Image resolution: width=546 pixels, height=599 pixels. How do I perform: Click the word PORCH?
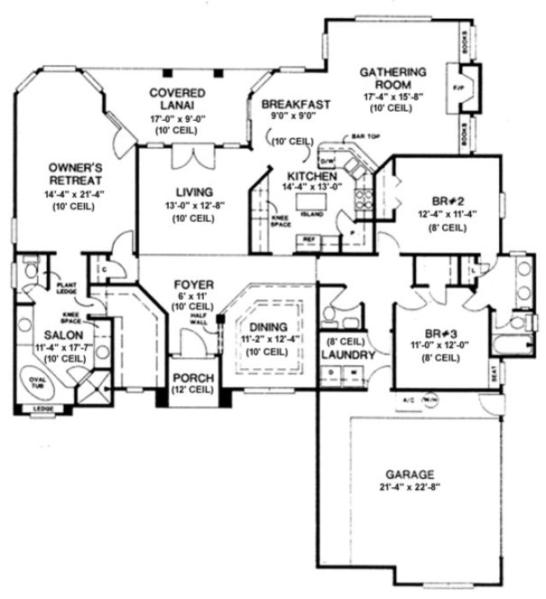point(192,379)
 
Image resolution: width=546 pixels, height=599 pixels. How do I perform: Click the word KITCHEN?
point(312,176)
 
